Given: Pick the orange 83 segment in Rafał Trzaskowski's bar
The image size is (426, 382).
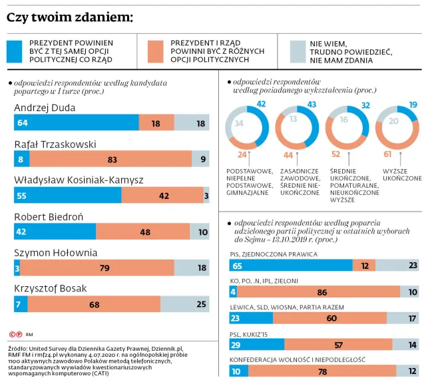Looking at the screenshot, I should coord(111,159).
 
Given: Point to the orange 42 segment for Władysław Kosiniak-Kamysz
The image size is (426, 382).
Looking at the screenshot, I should coord(162,195).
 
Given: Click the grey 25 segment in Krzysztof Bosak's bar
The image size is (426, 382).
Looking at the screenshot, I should coord(184,304).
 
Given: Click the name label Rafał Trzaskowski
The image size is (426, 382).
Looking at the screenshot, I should coord(55,144).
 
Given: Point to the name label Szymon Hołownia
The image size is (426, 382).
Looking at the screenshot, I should coord(56,253).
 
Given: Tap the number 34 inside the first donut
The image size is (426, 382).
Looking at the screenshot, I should coord(238,123).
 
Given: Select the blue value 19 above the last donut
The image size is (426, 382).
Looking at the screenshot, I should coord(413,104).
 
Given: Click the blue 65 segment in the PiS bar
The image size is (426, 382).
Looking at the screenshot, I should coord(290,266).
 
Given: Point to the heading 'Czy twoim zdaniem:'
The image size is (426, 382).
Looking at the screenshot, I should coord(69,17).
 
